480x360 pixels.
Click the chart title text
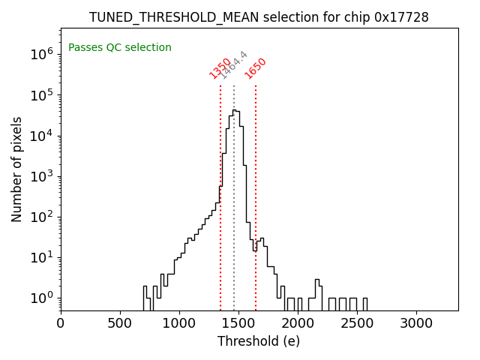click(259, 17)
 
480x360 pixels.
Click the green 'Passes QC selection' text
click(120, 47)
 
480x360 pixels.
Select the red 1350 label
click(220, 68)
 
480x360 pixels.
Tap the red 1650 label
click(256, 68)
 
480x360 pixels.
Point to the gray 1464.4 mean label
click(233, 65)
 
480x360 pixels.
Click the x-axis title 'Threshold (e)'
click(259, 341)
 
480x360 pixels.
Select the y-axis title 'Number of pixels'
click(17, 169)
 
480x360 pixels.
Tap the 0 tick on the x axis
click(61, 322)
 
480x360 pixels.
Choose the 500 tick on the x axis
click(120, 322)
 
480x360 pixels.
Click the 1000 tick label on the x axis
click(179, 322)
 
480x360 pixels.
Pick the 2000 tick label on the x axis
click(298, 322)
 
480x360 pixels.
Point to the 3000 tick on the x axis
click(416, 322)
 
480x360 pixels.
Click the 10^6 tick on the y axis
click(40, 54)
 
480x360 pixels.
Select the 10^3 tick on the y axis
click(40, 176)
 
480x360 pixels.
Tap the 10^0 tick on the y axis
click(40, 298)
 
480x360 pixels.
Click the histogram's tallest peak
click(234, 111)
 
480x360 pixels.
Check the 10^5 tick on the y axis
click(40, 95)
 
